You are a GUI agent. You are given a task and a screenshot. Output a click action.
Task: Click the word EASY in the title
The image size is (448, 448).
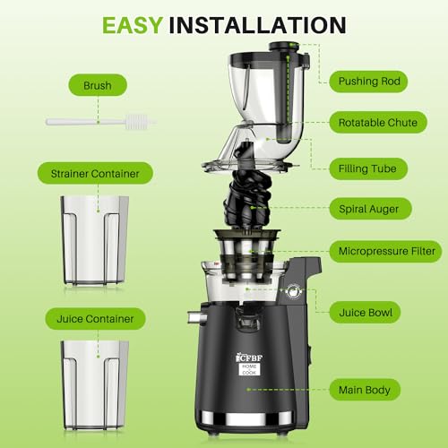point(132,24)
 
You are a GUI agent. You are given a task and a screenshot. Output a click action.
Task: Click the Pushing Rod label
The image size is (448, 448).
point(372,82)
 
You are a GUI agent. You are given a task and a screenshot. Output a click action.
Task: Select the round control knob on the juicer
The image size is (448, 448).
point(289,292)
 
